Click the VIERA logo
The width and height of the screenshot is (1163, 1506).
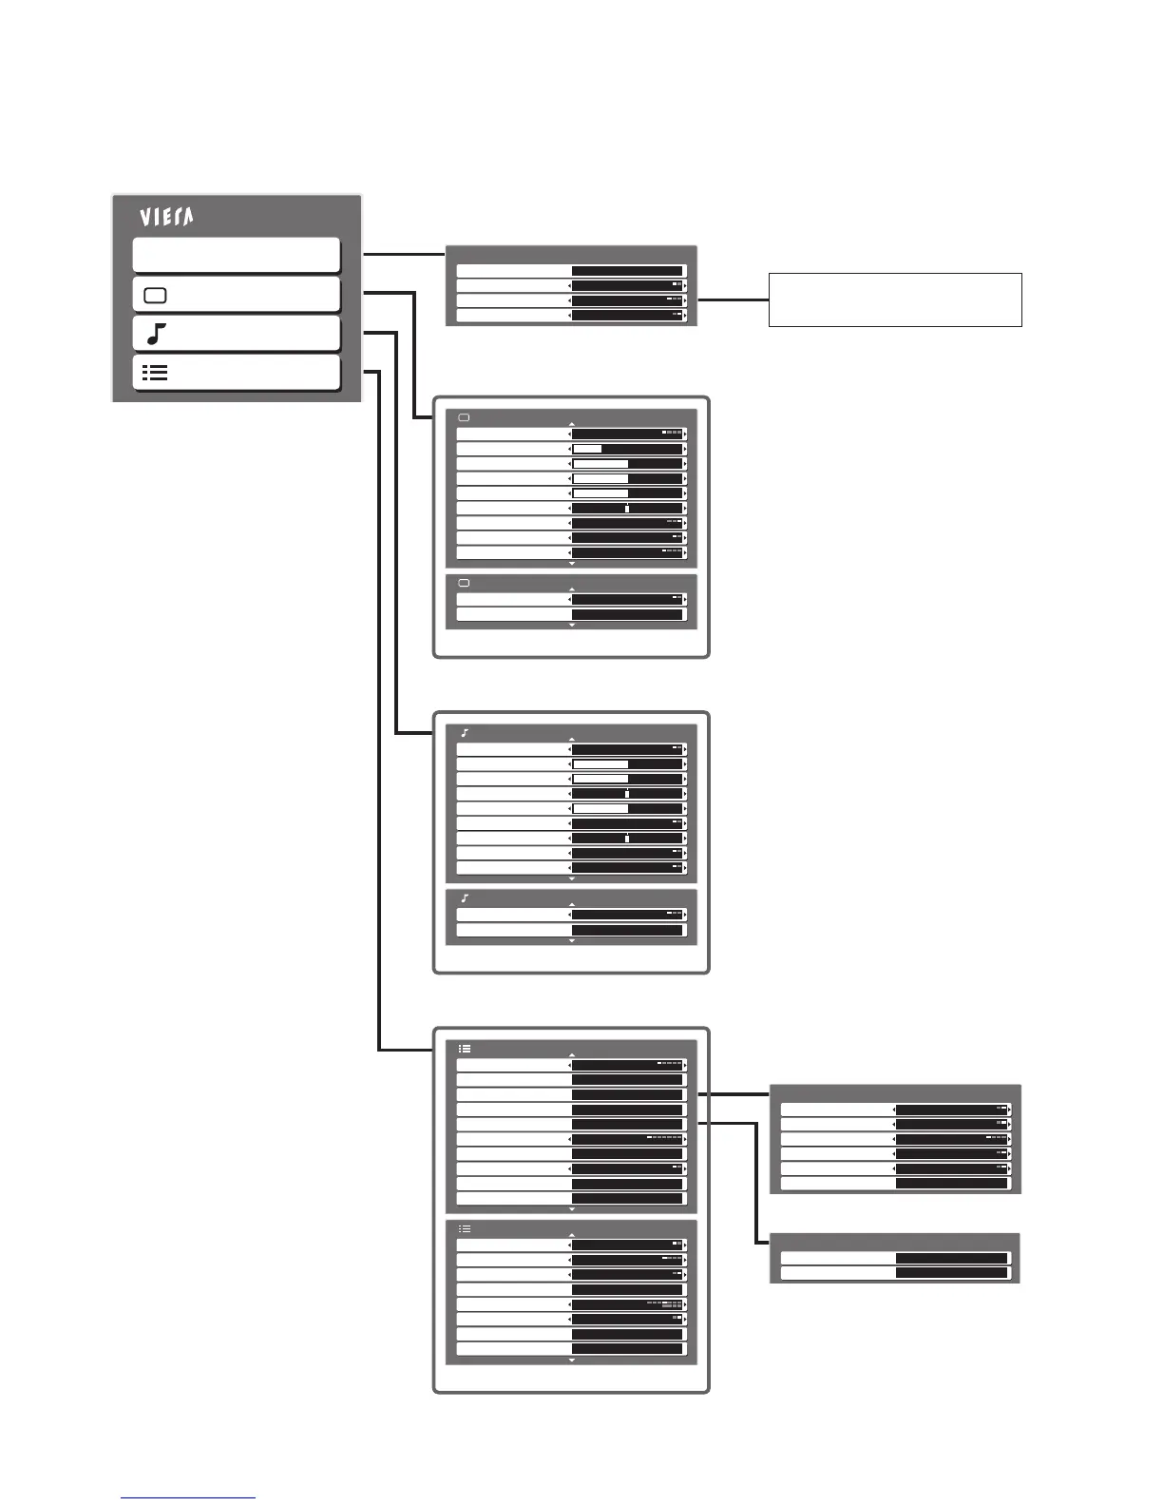pos(167,218)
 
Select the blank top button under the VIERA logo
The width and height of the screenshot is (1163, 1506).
pos(237,256)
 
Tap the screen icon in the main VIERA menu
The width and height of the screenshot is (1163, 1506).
pos(155,296)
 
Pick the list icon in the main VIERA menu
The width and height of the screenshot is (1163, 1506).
pos(155,373)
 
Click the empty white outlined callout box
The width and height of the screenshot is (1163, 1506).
pos(894,299)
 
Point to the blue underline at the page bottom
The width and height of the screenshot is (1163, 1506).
pos(188,1498)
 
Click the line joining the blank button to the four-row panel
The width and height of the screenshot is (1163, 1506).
pos(404,254)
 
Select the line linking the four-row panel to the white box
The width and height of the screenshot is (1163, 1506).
pos(733,299)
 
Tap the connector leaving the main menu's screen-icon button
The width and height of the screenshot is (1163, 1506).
pos(414,352)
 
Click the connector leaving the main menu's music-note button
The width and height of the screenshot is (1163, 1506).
pos(396,532)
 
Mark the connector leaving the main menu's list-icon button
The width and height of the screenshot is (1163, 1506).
pos(379,713)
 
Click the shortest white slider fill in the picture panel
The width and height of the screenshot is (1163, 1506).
pos(587,449)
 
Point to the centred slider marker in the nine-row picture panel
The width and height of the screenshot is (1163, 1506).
pos(627,509)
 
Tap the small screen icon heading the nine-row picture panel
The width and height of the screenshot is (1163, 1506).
pos(465,417)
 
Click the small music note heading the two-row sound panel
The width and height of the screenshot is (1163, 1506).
pos(465,898)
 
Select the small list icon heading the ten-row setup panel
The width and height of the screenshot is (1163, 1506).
pos(465,1049)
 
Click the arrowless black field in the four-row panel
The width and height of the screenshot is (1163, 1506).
pos(627,271)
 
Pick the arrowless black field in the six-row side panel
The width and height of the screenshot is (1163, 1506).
pos(951,1184)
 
